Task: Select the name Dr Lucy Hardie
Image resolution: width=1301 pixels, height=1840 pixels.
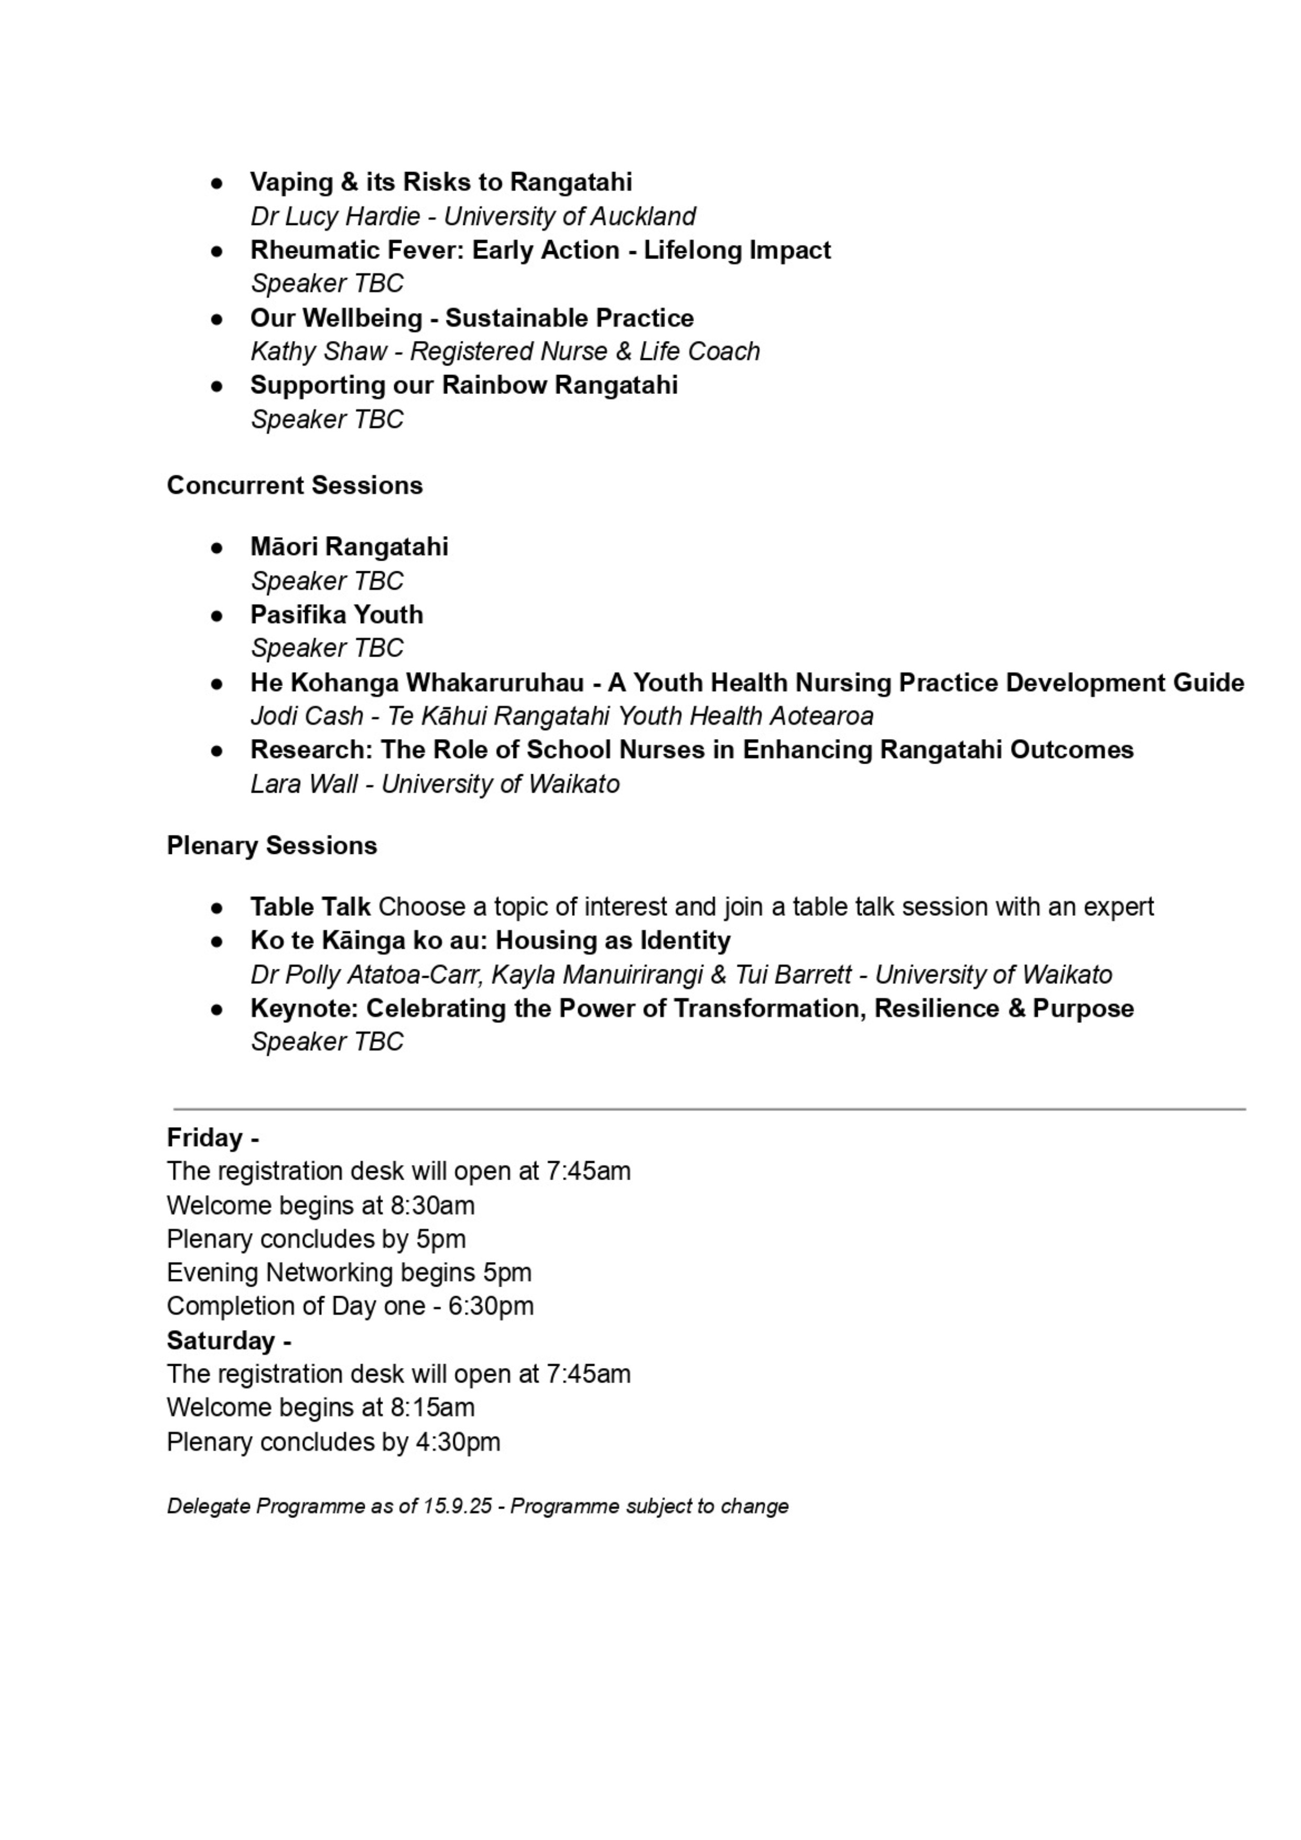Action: coord(335,217)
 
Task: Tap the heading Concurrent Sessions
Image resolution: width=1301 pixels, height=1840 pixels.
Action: coord(294,486)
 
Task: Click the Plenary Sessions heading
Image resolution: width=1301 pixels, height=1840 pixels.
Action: coord(272,846)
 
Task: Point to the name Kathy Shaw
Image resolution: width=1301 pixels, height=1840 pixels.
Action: coord(318,352)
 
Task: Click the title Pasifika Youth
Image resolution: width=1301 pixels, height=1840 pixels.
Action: coord(337,615)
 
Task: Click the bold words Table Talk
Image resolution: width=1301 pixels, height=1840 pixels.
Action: coord(310,907)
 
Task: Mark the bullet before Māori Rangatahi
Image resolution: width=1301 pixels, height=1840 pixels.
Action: coord(216,548)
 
